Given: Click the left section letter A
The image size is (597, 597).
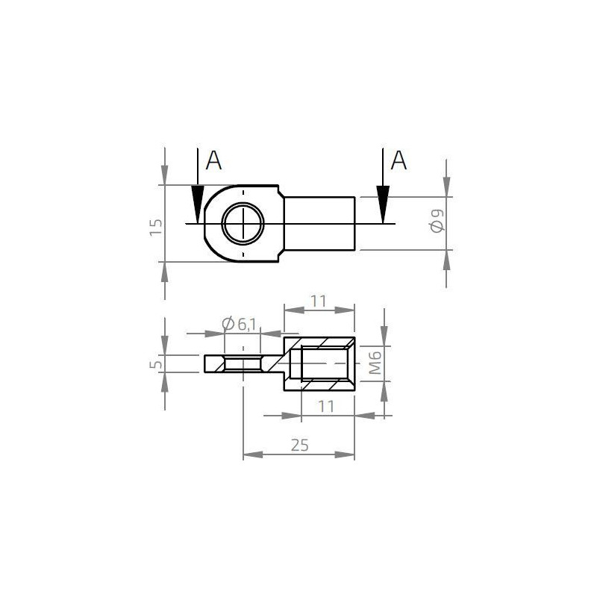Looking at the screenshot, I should pyautogui.click(x=214, y=160).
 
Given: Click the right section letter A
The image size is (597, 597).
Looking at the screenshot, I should pyautogui.click(x=400, y=160).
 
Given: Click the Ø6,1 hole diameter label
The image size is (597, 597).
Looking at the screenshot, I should pyautogui.click(x=240, y=323).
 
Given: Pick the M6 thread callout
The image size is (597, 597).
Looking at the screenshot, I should pyautogui.click(x=376, y=363).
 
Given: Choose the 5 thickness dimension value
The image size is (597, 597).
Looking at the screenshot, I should pyautogui.click(x=155, y=364).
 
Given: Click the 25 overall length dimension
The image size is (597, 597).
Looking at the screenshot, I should pyautogui.click(x=299, y=445).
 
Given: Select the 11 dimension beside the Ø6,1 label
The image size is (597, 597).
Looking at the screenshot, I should pyautogui.click(x=319, y=301).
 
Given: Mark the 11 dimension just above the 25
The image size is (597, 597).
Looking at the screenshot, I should pyautogui.click(x=326, y=406).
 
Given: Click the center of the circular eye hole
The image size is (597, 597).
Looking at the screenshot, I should pyautogui.click(x=243, y=222).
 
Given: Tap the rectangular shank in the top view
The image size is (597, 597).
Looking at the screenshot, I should pyautogui.click(x=319, y=222).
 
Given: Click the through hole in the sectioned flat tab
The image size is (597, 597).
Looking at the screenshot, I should pyautogui.click(x=243, y=364).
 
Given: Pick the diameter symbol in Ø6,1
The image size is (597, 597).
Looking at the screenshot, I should pyautogui.click(x=228, y=323).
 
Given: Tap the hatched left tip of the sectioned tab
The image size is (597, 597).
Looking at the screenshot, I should pyautogui.click(x=213, y=364).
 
